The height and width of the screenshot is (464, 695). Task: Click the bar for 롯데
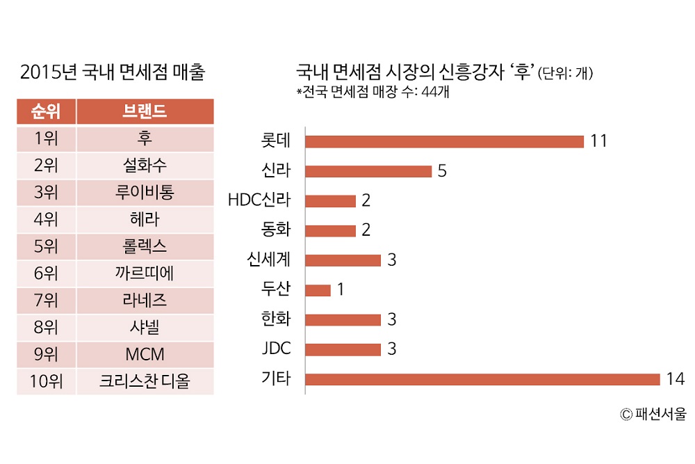tap(444, 141)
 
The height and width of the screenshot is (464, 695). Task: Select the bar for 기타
tap(482, 379)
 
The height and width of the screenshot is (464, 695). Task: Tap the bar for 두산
tap(318, 290)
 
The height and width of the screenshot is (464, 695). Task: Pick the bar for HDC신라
tap(330, 201)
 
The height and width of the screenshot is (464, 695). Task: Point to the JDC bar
tap(343, 349)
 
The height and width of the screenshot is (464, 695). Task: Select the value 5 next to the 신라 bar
tap(443, 171)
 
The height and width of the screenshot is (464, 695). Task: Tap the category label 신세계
tap(268, 260)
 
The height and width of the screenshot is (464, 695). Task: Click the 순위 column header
tap(46, 111)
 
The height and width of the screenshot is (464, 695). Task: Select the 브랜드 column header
tap(145, 111)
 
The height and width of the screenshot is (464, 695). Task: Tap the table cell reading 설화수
tap(145, 166)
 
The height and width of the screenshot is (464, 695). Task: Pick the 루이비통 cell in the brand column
tap(145, 193)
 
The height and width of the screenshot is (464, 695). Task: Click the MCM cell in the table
tap(145, 354)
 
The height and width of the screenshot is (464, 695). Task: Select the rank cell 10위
tap(46, 381)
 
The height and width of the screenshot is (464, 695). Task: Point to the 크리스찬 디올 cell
tap(145, 381)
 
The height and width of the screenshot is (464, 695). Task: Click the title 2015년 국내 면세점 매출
tap(113, 72)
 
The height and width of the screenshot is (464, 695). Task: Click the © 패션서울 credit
tap(653, 415)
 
